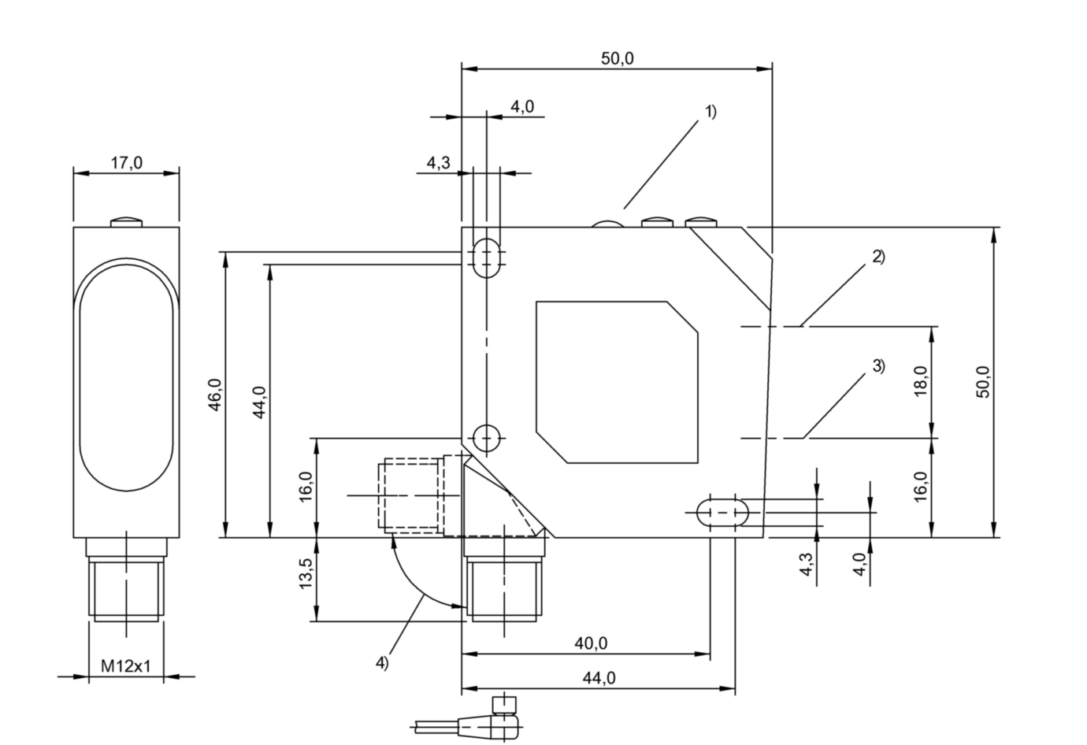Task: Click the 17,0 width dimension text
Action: point(126,163)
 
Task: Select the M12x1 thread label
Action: point(126,666)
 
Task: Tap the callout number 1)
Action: point(710,111)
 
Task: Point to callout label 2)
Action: point(878,256)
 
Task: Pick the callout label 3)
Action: point(878,365)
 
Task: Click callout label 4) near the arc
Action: point(381,663)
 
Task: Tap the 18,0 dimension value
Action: point(921,381)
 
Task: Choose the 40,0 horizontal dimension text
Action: point(591,643)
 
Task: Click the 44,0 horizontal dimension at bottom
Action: point(599,678)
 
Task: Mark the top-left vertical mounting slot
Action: point(488,254)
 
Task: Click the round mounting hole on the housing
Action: point(487,436)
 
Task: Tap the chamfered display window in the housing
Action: point(617,381)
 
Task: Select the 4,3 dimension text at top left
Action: point(438,163)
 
